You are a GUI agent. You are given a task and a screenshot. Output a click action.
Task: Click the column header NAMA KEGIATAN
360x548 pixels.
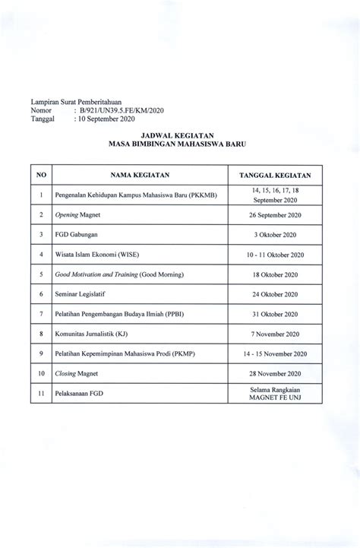(120, 174)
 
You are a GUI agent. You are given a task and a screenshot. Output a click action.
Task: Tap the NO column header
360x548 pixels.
(40, 174)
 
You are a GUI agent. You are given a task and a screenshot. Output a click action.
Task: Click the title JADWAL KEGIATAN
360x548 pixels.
(180, 131)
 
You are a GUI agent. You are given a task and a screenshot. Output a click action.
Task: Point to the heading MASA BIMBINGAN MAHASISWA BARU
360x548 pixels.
(180, 141)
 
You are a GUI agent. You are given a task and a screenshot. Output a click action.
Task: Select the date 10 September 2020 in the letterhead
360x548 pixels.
(105, 119)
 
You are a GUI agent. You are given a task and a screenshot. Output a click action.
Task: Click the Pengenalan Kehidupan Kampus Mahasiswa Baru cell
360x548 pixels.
(131, 195)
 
